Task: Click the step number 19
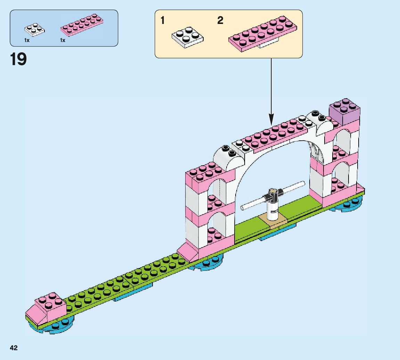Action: click(18, 59)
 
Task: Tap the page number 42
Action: click(14, 348)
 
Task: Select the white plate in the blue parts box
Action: click(34, 30)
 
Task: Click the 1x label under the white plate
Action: click(27, 41)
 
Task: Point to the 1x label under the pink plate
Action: click(63, 41)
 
